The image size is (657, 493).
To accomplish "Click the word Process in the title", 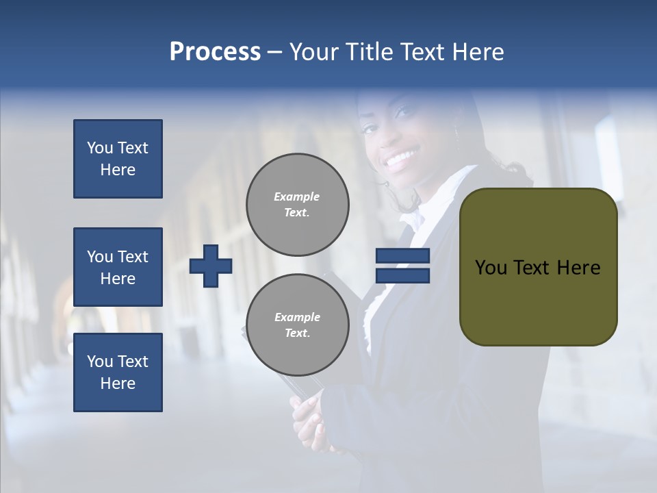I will tap(215, 52).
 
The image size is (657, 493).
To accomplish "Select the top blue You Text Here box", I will tap(118, 159).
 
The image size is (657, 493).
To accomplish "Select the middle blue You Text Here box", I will tap(118, 267).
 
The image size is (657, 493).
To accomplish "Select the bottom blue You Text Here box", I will tap(118, 372).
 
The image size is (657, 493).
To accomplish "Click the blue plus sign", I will tap(211, 266).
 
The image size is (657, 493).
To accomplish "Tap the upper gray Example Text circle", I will tap(297, 204).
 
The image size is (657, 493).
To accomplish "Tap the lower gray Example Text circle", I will tap(297, 325).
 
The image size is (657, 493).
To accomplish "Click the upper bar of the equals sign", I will tap(402, 256).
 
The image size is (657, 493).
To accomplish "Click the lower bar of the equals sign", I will tap(402, 275).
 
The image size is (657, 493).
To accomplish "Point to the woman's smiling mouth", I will tap(400, 160).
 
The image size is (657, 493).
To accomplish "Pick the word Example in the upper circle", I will tap(297, 197).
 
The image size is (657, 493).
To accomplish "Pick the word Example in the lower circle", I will tap(297, 317).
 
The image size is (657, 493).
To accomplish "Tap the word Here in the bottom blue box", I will tap(118, 383).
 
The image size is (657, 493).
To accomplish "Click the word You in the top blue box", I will tap(99, 148).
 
